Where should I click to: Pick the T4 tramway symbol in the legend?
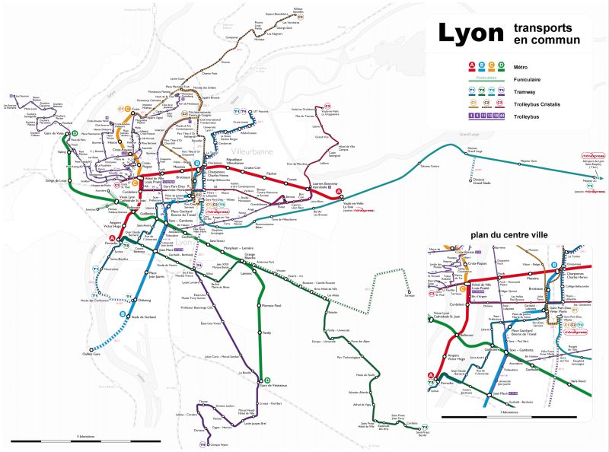click(x=501, y=91)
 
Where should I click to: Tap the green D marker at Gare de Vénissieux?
click(x=266, y=380)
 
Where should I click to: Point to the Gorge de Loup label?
click(x=57, y=180)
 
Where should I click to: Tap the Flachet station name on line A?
click(x=271, y=173)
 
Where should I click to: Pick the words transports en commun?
click(x=547, y=33)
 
